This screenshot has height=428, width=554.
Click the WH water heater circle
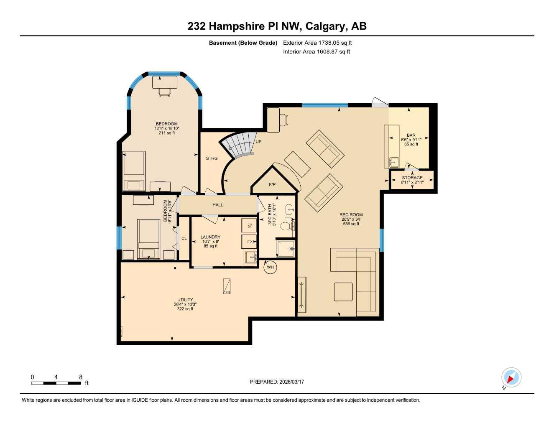270,267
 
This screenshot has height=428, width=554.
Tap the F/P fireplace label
272,184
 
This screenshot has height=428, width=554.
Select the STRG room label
212,158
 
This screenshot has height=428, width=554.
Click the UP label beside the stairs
258,142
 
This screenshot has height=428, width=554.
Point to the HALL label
217,205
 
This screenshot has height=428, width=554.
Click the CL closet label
184,239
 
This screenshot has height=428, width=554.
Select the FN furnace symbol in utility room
227,286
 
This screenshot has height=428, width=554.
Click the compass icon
511,378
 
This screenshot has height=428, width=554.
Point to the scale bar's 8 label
81,377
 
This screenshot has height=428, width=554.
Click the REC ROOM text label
351,215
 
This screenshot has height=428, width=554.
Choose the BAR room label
411,135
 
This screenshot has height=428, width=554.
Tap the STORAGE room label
412,178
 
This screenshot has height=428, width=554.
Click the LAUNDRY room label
210,237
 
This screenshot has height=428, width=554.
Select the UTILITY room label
185,300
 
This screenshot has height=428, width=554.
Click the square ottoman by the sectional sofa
343,292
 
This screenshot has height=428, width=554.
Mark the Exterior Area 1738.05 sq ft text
317,43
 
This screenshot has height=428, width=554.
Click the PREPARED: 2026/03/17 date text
277,382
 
